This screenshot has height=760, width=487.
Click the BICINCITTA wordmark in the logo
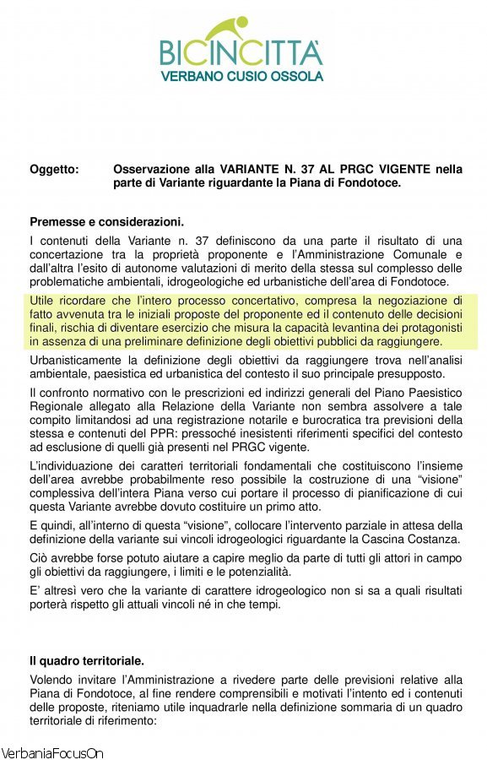tap(241, 52)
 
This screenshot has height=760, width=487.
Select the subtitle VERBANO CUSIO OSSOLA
tap(241, 76)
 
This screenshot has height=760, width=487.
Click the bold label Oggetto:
tap(54, 169)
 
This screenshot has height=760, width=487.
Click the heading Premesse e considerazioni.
tap(106, 222)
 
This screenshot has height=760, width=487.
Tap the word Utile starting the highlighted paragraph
tap(43, 300)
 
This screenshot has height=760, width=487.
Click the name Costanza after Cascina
tap(429, 539)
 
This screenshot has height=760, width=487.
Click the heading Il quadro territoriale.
tap(87, 660)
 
